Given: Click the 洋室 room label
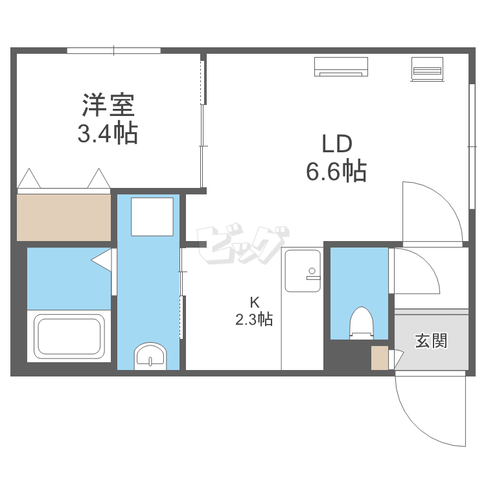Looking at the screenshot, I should (x=108, y=104).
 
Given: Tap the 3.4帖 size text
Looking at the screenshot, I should (x=108, y=133).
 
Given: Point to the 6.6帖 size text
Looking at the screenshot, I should (x=336, y=171).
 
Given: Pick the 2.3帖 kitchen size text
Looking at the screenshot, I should (x=255, y=319).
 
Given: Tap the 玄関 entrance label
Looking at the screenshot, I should (x=431, y=340).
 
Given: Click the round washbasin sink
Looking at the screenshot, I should (x=150, y=356).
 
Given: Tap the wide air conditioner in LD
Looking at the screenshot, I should (x=341, y=66).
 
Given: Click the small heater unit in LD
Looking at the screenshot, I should (x=426, y=68).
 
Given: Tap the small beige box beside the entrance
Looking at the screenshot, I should (x=379, y=358).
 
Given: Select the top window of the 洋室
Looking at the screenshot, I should (x=113, y=50).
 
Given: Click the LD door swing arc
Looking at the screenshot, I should (x=431, y=211).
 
